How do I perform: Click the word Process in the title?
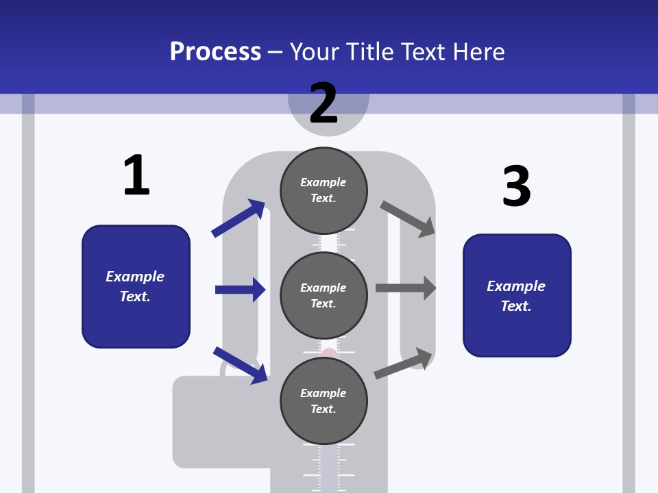(x=215, y=52)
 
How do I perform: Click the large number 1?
(x=136, y=176)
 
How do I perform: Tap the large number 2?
(x=324, y=103)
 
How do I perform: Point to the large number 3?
(x=516, y=186)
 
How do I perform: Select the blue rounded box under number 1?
(x=136, y=286)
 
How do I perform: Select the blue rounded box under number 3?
(x=517, y=296)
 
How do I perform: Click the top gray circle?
(x=324, y=190)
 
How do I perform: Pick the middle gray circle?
(x=324, y=296)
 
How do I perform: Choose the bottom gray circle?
(x=324, y=401)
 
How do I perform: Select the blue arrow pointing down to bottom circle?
(x=241, y=365)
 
